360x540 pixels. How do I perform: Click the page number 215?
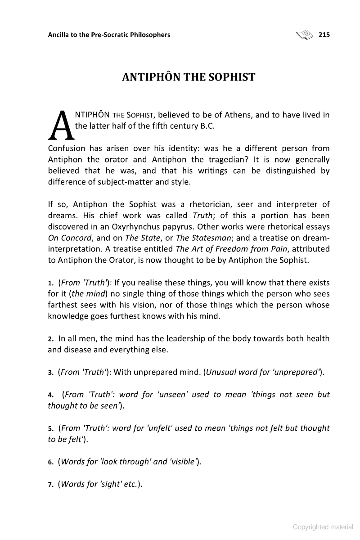tap(324, 35)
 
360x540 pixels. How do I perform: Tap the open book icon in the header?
tap(305, 34)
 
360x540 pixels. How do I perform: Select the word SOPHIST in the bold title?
tap(231, 77)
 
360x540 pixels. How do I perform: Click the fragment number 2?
tap(50, 339)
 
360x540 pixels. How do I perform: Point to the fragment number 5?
tap(50, 428)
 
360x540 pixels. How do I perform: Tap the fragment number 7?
tap(50, 485)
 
